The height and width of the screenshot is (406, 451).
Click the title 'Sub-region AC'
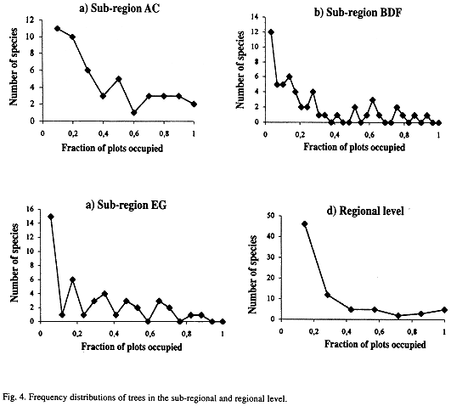tap(125, 8)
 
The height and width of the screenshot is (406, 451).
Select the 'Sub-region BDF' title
tap(364, 13)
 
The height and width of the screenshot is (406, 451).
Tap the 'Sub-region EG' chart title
tap(132, 205)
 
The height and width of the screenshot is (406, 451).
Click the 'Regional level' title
tap(372, 211)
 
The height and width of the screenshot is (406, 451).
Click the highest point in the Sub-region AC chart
tap(57, 28)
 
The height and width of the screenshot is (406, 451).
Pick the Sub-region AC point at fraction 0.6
tap(133, 112)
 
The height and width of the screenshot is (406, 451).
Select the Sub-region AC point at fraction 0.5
tap(119, 79)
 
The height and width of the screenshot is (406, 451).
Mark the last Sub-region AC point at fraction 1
tap(194, 104)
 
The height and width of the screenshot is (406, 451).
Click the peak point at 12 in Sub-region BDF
tap(271, 32)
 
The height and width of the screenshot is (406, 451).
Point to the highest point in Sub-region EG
tap(51, 217)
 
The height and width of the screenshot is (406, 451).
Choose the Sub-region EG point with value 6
tap(73, 279)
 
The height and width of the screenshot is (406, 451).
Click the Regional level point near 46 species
tap(305, 224)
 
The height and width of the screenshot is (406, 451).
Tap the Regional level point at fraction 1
tap(444, 310)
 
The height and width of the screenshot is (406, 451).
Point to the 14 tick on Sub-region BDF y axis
tap(255, 17)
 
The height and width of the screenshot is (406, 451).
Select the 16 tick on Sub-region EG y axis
tap(30, 209)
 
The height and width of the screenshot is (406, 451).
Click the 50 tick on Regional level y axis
tap(271, 216)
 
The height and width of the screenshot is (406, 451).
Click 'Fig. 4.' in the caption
tap(14, 398)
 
